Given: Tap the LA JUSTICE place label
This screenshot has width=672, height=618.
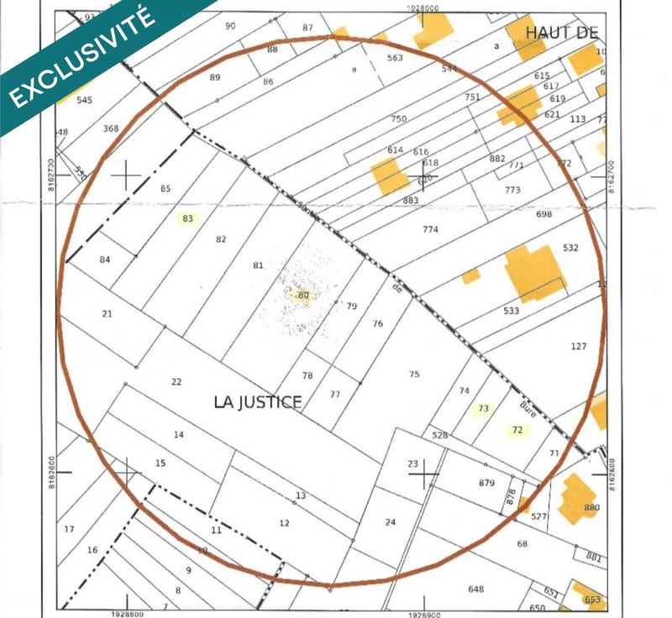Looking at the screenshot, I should pos(257,402).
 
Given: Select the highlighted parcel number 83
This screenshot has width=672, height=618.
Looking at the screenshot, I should pos(187,219).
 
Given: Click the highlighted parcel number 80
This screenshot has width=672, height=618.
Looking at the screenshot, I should pos(302,295).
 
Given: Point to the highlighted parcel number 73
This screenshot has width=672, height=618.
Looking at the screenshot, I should pos(482,409).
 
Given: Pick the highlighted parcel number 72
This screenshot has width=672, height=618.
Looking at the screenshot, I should pos(517,430).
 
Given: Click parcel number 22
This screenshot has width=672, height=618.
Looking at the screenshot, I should pos(176,382).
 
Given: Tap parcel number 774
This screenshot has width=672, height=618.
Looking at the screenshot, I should pos(430,229).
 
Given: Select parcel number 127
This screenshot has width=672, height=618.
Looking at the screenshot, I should pos(578,347).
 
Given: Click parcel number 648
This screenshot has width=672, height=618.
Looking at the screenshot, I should pos(475,589).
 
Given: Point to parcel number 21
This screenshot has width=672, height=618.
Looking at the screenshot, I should pos(107,314).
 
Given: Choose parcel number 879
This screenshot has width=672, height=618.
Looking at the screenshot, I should pos(486,483).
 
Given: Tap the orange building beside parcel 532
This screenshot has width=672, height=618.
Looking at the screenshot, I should pos(534,272).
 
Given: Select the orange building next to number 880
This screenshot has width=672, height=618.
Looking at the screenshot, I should pos(576,497).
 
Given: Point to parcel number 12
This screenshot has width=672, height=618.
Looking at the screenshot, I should pos(284,523).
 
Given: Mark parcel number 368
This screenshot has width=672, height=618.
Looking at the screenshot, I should pos(111,128).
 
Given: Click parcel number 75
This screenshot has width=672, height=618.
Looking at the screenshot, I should pos(414,374).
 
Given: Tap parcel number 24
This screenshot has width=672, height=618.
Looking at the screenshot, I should pos(390,522).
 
